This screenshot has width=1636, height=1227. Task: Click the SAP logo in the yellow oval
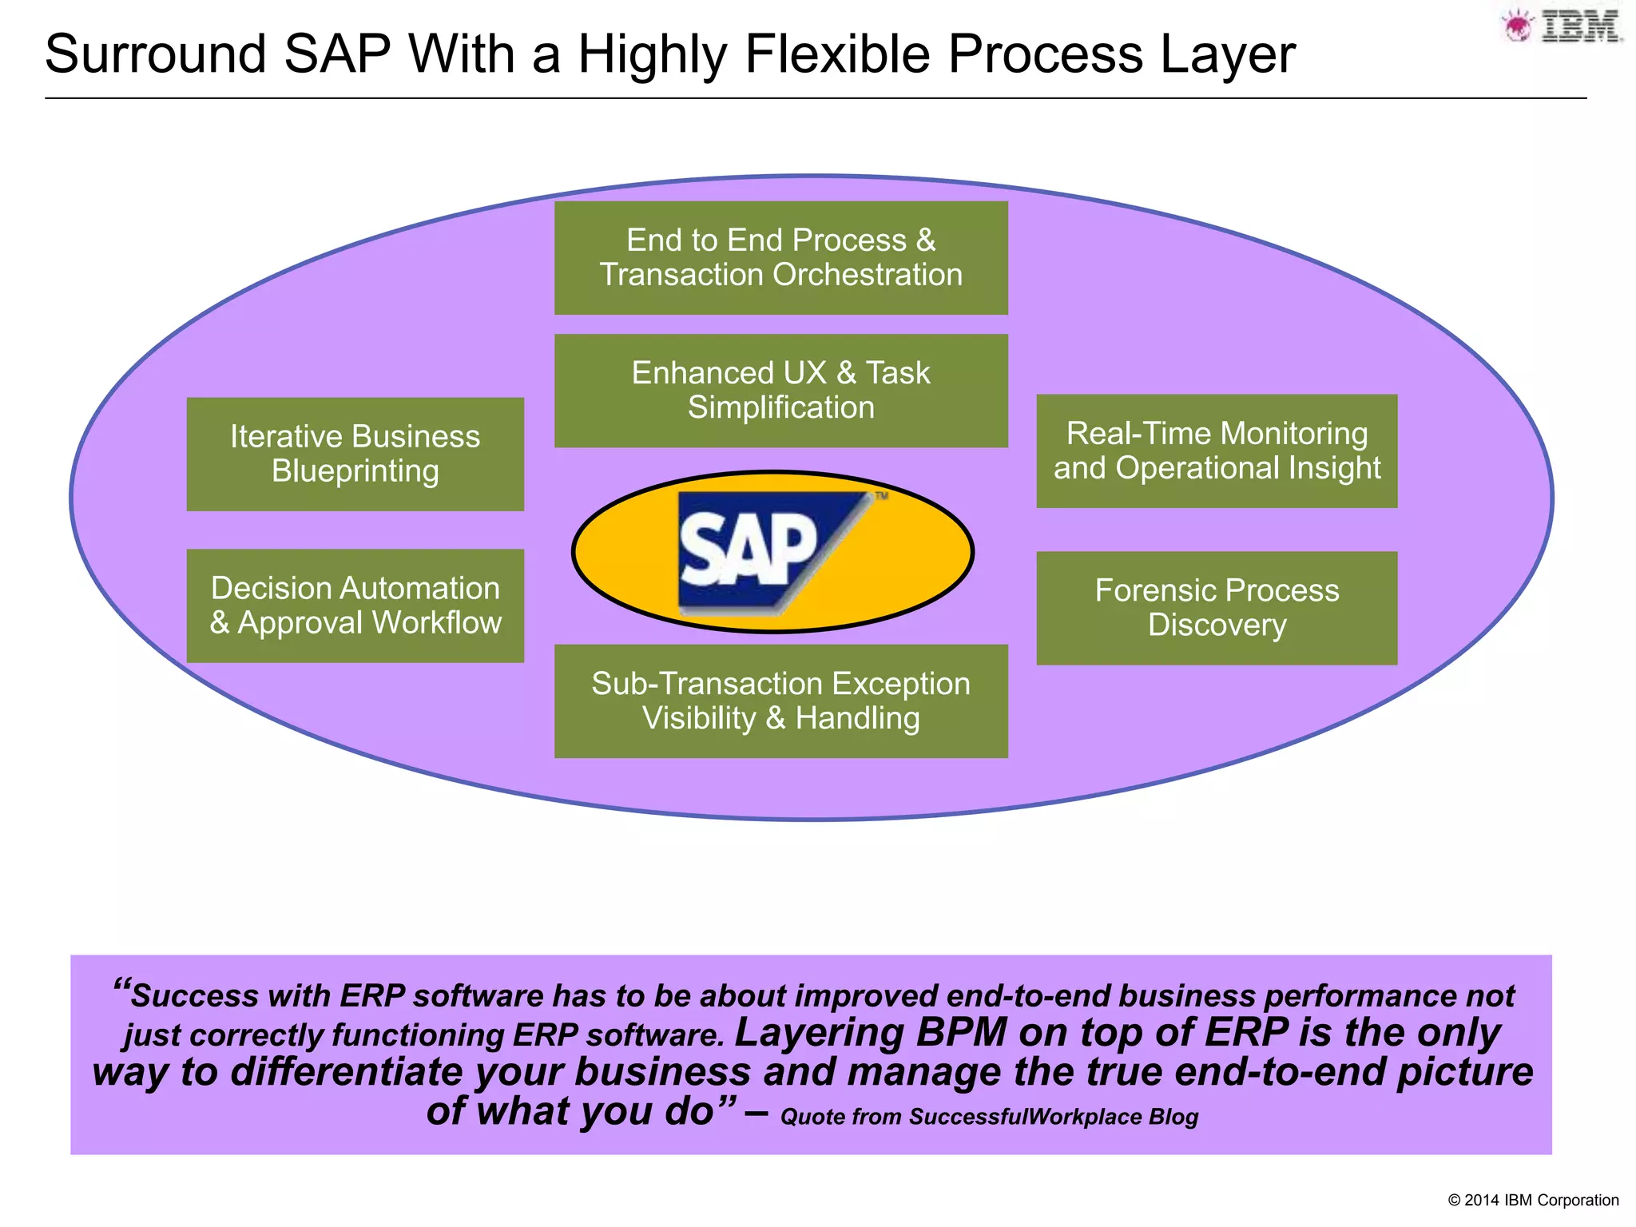click(x=767, y=553)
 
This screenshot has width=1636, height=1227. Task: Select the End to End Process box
click(x=780, y=257)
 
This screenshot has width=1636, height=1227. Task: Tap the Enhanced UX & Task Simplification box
click(x=780, y=391)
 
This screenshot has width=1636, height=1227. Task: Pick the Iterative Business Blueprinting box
click(x=355, y=454)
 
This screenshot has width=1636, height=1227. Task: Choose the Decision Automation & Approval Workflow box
click(x=355, y=606)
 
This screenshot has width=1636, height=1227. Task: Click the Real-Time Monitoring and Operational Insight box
click(x=1216, y=451)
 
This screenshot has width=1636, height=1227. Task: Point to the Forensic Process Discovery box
click(x=1216, y=608)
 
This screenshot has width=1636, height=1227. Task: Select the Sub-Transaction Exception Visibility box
click(x=780, y=701)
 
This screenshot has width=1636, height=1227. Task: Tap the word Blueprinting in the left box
click(x=355, y=471)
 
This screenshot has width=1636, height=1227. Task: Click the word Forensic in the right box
click(x=1153, y=590)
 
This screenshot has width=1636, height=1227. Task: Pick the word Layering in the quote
click(x=819, y=1032)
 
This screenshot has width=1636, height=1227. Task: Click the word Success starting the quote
click(x=195, y=995)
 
